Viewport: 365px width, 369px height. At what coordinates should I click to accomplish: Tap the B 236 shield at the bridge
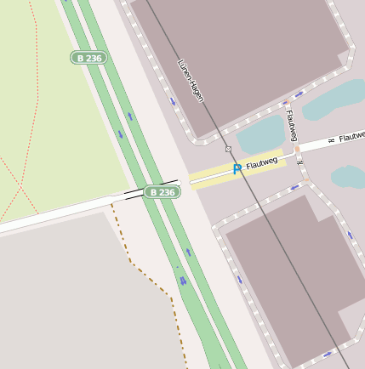point(160,192)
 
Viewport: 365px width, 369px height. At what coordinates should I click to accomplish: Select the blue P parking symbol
point(237,169)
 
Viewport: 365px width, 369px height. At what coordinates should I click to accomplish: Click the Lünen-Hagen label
point(191,81)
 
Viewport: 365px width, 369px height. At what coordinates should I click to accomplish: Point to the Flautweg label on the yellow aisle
point(261,161)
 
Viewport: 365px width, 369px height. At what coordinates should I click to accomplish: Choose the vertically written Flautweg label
point(292,126)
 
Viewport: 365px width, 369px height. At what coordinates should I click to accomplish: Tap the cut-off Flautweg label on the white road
point(351,136)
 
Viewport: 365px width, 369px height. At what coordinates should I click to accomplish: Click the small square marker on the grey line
point(228,149)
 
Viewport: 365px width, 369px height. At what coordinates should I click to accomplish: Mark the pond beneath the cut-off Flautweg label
point(349,177)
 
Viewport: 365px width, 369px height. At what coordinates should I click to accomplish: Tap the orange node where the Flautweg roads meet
point(297,150)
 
